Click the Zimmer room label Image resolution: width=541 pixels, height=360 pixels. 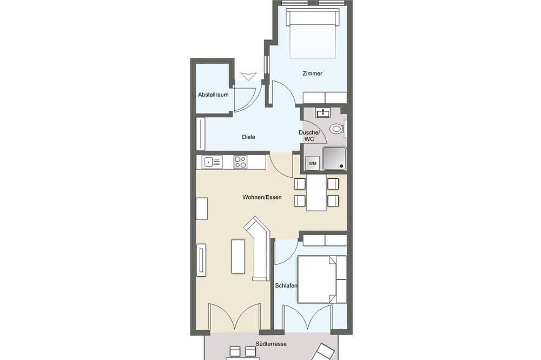click(x=312, y=74)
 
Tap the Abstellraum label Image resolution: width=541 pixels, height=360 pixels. click(x=213, y=95)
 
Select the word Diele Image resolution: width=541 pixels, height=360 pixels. click(x=248, y=137)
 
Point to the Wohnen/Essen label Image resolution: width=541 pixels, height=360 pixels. click(x=262, y=197)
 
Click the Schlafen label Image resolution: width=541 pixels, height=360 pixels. click(x=286, y=285)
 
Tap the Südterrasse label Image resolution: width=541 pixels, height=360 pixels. click(x=271, y=344)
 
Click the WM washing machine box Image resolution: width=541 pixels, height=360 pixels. click(x=313, y=163)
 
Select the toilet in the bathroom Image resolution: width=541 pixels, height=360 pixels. click(x=338, y=129)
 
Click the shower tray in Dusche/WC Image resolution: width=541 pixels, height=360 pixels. click(x=334, y=158)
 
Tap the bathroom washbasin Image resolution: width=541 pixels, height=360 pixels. click(x=322, y=112)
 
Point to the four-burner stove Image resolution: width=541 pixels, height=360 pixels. click(x=240, y=162)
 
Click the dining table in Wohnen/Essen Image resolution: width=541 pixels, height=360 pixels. click(x=316, y=192)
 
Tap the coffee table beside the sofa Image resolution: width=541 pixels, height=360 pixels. click(x=237, y=256)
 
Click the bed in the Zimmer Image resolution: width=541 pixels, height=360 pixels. click(x=313, y=34)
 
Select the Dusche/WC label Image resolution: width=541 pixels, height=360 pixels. click(x=309, y=136)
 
